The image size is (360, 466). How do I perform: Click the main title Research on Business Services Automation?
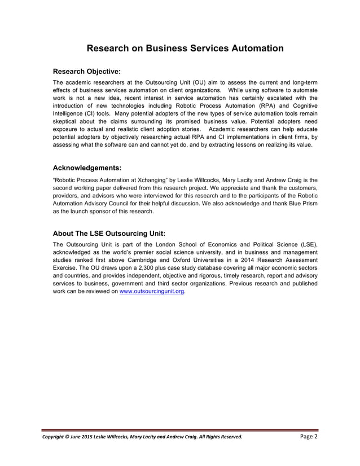(185, 49)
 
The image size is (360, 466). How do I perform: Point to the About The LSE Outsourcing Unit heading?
(109, 232)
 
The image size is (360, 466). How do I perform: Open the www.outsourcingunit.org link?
(152, 292)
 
